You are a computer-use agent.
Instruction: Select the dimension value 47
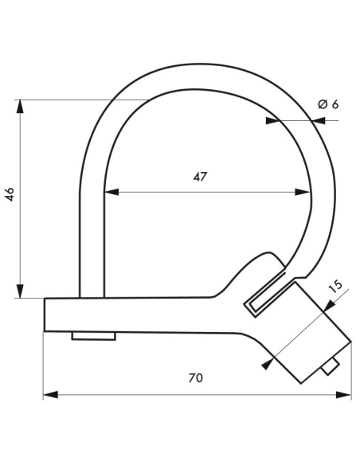click(200, 178)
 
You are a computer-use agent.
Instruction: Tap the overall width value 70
click(196, 377)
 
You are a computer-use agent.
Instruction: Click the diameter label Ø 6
click(328, 104)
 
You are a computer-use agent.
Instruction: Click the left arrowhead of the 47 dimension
click(110, 192)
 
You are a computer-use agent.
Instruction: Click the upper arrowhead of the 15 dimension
click(329, 306)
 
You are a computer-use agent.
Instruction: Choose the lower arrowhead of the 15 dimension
click(266, 365)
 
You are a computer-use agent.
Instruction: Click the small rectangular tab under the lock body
click(93, 336)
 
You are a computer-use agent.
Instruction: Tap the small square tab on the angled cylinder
click(330, 365)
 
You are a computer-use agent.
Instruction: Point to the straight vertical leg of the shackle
click(92, 239)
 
